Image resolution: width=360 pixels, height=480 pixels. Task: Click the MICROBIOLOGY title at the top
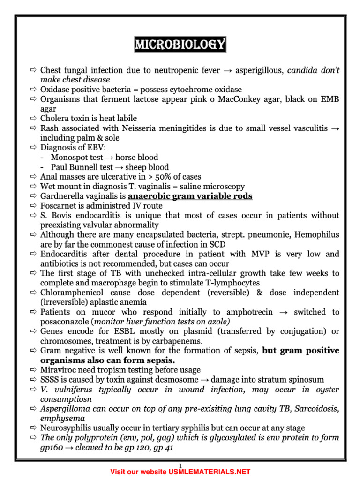180,45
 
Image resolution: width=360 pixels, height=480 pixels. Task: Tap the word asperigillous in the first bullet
259,70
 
